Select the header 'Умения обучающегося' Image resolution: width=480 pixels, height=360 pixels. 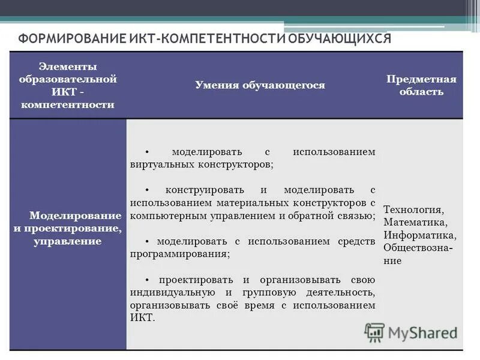click(260, 85)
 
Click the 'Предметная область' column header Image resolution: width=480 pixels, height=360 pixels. click(421, 85)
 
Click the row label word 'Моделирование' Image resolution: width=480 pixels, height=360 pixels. click(76, 215)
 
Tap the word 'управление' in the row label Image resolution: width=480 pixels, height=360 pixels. click(76, 241)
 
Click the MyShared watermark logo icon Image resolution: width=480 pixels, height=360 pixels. click(374, 332)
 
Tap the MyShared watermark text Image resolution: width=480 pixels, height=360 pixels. click(422, 332)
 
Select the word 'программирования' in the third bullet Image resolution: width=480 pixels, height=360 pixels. click(180, 254)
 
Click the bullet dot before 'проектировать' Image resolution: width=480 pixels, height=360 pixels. click(147, 280)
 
